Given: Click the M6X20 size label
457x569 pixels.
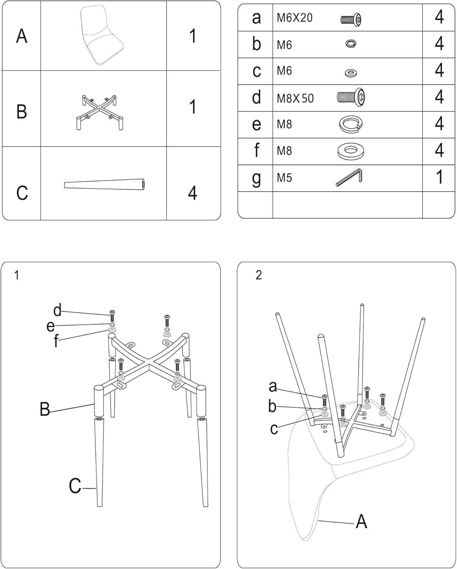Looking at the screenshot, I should (x=294, y=18).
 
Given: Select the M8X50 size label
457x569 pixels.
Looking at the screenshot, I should (x=295, y=98).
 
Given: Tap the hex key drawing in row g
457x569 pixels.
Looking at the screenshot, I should (x=349, y=177).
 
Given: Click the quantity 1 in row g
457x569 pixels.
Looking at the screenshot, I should (x=439, y=177).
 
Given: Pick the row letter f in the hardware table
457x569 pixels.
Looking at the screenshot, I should (x=257, y=151).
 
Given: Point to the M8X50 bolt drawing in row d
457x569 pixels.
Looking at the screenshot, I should (x=351, y=97).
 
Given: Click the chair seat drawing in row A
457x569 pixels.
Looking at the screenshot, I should (x=102, y=36).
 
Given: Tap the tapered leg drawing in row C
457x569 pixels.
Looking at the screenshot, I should (x=105, y=185).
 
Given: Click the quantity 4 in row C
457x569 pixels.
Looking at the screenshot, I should (x=193, y=193).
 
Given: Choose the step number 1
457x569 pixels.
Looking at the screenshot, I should (x=16, y=275).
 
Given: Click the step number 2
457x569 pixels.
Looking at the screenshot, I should (x=259, y=275).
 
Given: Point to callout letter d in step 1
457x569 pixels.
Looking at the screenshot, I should (x=57, y=310).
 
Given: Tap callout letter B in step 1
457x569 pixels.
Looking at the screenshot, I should (x=45, y=410).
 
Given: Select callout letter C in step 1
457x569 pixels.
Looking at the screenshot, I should (x=75, y=486).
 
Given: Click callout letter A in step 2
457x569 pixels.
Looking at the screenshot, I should (x=362, y=522).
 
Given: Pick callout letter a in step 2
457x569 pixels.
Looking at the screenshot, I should (x=272, y=387).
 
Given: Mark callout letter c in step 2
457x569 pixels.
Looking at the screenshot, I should (x=274, y=429).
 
